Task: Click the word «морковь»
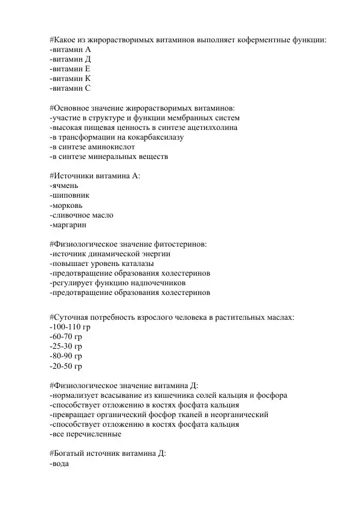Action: point(68,206)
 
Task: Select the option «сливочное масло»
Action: point(81,215)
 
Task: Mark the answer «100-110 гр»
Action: point(69,327)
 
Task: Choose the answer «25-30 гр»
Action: point(66,346)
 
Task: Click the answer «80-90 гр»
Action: point(66,356)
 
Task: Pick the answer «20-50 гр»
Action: point(66,366)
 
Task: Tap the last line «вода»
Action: point(60,464)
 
